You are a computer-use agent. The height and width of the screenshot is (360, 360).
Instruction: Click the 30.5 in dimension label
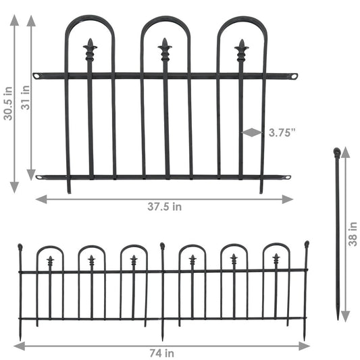tap(8, 102)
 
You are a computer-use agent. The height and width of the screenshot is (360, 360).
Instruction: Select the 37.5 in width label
tap(164, 207)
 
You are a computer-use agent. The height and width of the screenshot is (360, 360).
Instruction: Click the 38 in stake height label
tap(353, 234)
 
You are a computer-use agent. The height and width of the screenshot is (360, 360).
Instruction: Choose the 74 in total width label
tap(162, 353)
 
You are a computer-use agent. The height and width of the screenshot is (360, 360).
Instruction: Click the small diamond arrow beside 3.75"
tap(251, 132)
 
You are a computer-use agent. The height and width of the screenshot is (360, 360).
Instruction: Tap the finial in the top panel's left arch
tap(89, 49)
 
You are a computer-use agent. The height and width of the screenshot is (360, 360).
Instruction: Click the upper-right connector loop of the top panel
tap(294, 76)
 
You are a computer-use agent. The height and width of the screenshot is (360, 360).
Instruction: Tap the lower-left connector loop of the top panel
tap(41, 178)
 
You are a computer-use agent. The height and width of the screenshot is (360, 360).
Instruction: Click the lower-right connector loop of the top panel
tap(286, 178)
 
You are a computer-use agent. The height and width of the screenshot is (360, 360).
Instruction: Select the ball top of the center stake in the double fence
tap(162, 246)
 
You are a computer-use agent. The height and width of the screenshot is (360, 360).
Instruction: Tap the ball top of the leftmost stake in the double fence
tap(20, 247)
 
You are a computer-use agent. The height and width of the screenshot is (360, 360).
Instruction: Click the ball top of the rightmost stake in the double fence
tap(306, 244)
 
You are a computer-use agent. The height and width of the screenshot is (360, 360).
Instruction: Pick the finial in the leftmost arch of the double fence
tap(50, 260)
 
